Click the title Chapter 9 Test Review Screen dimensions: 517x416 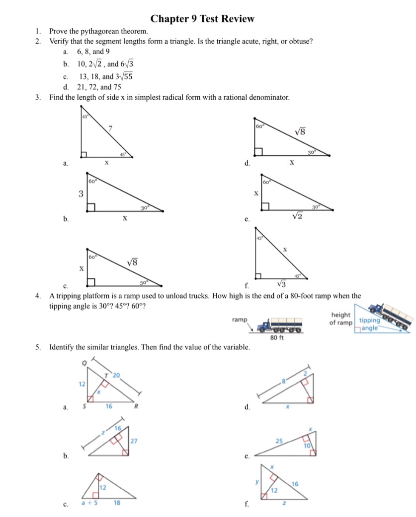point(202,19)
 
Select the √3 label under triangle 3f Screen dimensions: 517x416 point(281,284)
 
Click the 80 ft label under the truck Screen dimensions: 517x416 point(276,338)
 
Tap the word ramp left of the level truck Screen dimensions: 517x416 point(240,320)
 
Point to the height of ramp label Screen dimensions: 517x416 point(340,319)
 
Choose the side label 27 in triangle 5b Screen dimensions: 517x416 point(133,441)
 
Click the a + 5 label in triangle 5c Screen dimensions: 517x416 point(89,502)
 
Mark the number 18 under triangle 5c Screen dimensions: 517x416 point(117,502)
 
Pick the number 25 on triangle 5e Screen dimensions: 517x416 point(280,440)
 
